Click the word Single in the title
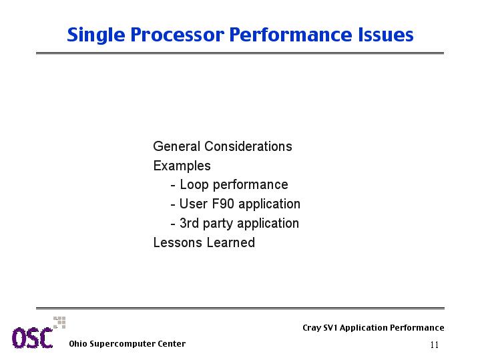[x=96, y=35]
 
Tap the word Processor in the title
[x=177, y=35]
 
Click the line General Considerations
[x=222, y=146]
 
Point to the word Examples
[x=182, y=166]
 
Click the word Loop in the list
[x=194, y=185]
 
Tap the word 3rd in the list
[x=189, y=223]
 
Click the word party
[x=218, y=224]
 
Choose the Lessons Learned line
[x=204, y=242]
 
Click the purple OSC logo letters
[x=33, y=338]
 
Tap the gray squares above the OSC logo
[x=59, y=323]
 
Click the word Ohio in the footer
[x=78, y=344]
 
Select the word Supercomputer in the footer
[x=122, y=345]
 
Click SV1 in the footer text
[x=330, y=328]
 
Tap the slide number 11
[x=435, y=345]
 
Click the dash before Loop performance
[x=173, y=186]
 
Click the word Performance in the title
[x=291, y=34]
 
